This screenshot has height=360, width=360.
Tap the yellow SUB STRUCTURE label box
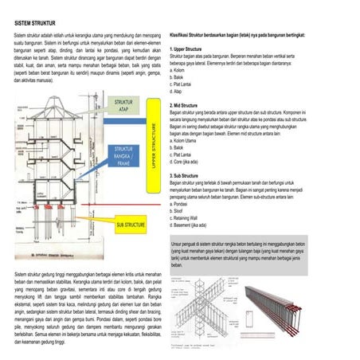point(129,225)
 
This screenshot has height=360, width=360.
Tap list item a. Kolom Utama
point(186,141)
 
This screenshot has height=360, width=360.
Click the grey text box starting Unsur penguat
point(256,254)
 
